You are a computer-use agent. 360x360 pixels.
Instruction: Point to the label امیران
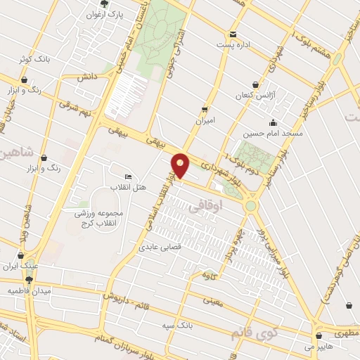(205, 120)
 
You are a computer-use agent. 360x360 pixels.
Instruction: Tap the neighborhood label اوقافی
(206, 205)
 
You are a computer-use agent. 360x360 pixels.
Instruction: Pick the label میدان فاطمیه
(25, 290)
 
